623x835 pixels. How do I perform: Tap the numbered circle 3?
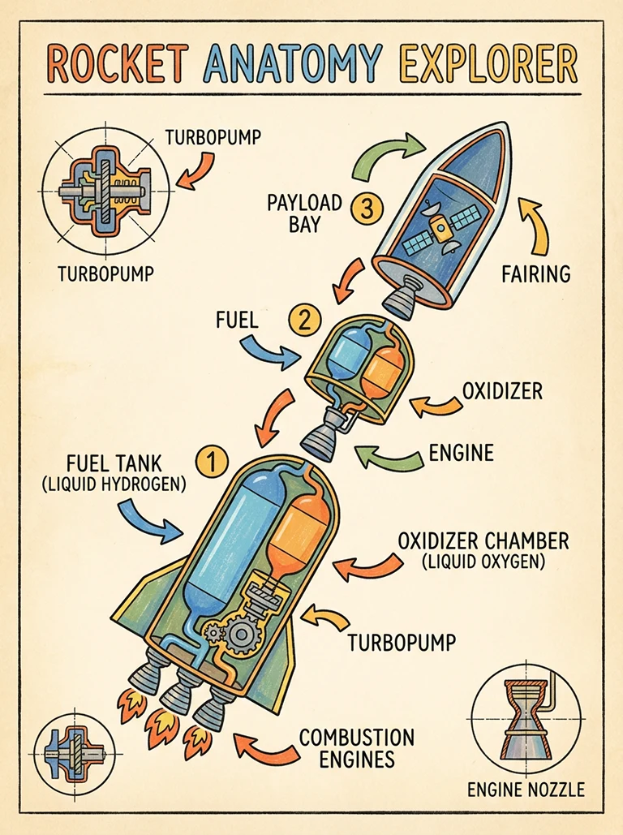coord(366,209)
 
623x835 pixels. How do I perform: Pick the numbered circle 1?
coord(210,460)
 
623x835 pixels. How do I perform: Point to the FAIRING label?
coord(535,273)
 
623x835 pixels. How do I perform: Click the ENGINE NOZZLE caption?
coord(525,788)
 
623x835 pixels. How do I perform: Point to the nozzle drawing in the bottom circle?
coord(524,713)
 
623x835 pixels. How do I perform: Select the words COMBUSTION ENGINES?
coord(356,748)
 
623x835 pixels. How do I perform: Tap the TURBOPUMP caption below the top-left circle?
coord(105,273)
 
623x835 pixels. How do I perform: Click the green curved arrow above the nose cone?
coord(388,154)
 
